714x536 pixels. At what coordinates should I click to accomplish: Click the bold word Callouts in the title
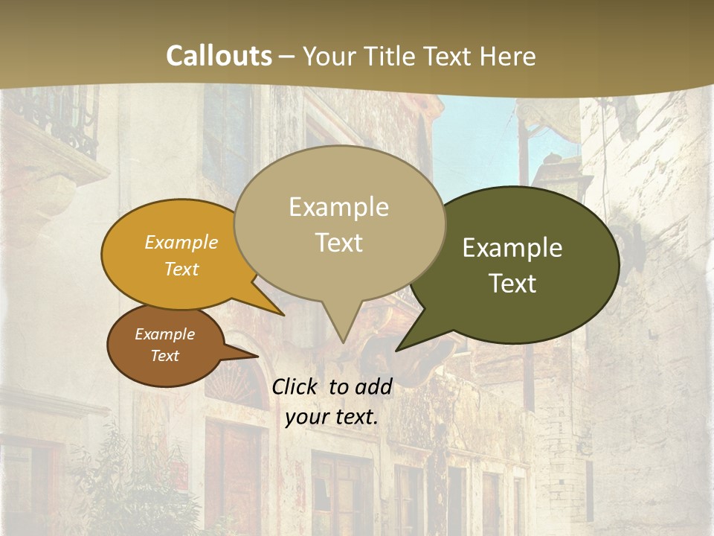click(219, 56)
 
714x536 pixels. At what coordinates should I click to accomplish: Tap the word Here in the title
click(508, 56)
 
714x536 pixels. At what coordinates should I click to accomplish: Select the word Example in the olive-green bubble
click(512, 248)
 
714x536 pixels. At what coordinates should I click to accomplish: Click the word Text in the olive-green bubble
click(512, 284)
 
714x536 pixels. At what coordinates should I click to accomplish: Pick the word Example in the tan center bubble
click(338, 207)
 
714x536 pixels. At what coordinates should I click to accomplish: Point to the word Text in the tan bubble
click(338, 243)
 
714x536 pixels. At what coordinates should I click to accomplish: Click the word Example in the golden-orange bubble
click(181, 243)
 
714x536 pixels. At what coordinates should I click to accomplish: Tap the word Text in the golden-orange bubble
click(181, 269)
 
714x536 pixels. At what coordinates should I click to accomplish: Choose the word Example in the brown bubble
click(164, 334)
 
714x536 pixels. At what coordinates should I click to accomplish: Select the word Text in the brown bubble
click(164, 356)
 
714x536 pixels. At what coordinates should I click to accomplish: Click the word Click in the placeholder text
click(296, 387)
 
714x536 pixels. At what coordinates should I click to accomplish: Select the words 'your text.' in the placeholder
click(331, 418)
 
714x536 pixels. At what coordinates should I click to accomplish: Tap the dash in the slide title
click(288, 56)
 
